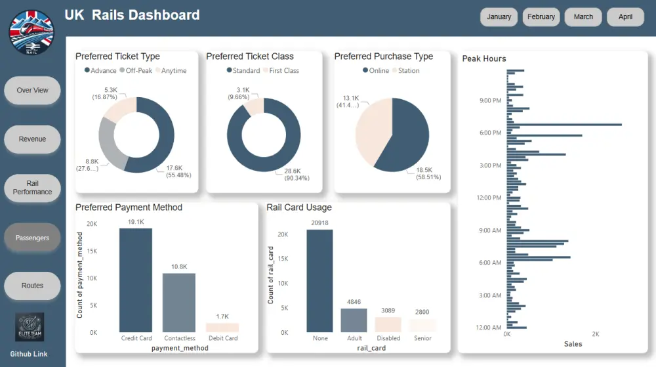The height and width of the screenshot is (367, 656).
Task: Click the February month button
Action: point(541,17)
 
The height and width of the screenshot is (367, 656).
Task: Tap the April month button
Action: point(625,17)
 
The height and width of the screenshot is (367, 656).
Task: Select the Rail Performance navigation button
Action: point(32,188)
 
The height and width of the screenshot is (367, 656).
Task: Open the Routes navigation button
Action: point(32,286)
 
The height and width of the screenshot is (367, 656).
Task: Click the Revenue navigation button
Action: point(32,139)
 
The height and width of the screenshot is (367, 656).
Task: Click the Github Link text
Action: point(29,354)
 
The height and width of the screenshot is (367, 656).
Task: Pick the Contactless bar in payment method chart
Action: point(179,303)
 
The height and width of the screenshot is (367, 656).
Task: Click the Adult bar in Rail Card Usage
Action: point(354,320)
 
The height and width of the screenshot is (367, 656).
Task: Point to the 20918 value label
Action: point(319,223)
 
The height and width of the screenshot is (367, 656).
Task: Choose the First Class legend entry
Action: point(280,71)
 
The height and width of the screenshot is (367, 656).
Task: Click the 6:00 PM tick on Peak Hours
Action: point(490,133)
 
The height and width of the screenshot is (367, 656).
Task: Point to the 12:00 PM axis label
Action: point(489,198)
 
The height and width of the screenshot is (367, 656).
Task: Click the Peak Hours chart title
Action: point(484,59)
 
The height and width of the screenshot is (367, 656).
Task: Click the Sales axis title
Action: point(573,344)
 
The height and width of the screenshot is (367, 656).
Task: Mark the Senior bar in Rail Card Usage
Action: point(422,325)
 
